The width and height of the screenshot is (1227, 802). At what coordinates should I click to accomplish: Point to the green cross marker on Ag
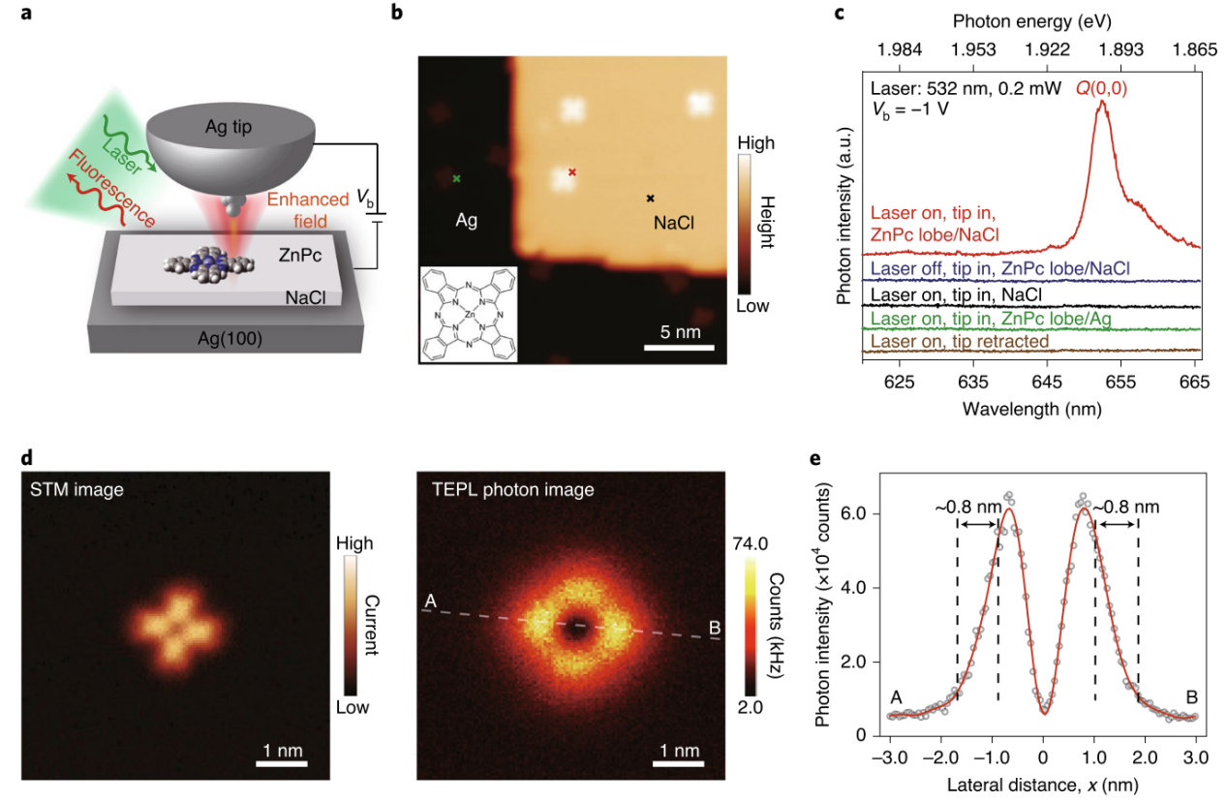[x=456, y=178]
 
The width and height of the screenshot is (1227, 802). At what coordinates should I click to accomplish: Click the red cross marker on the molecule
[x=572, y=171]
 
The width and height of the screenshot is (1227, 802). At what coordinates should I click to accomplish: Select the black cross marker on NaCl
[x=651, y=198]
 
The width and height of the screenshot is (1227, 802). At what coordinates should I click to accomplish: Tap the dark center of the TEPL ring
[x=577, y=625]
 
